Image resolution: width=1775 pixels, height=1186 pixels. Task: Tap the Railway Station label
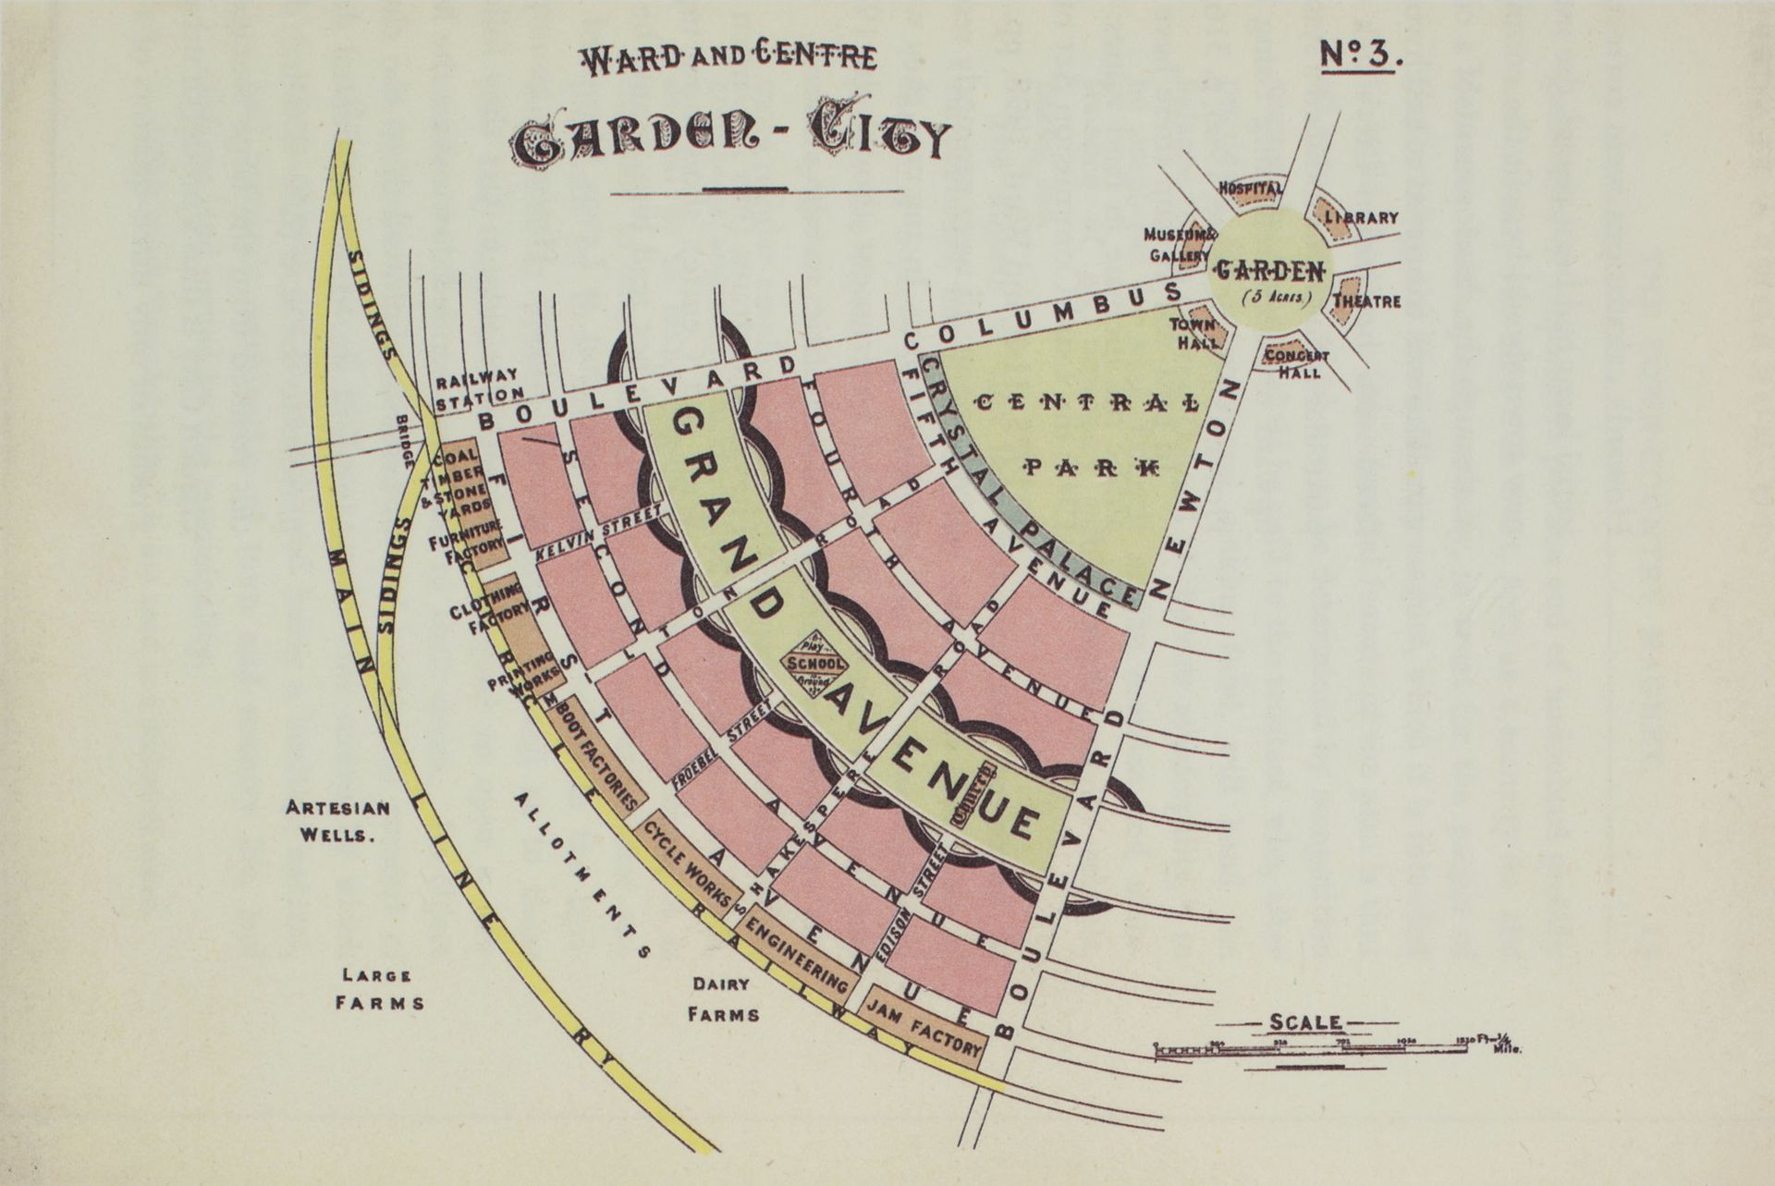click(x=478, y=387)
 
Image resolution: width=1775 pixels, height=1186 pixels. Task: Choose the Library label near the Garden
click(x=1362, y=218)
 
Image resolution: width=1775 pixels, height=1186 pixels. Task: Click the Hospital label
click(x=1250, y=189)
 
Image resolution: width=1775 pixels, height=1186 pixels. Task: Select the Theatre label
click(x=1366, y=301)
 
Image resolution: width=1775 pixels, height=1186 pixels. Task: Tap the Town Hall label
click(x=1194, y=333)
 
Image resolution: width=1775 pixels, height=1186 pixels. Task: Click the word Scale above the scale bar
click(x=1305, y=1021)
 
